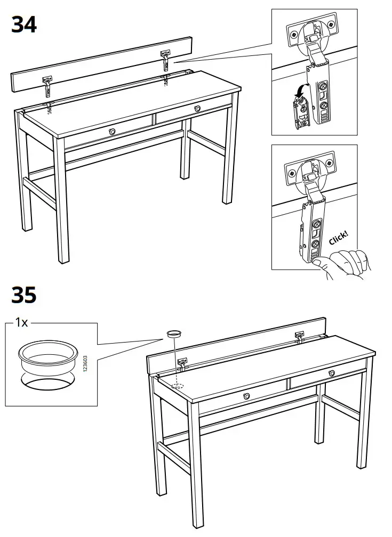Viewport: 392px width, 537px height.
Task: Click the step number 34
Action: point(24,25)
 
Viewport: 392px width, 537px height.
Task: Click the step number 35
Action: point(24,295)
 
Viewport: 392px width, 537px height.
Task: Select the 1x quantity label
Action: point(22,322)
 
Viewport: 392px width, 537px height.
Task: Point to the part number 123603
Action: point(85,364)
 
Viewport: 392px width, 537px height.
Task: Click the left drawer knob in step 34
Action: point(112,131)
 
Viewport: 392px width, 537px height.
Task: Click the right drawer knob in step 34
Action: point(198,108)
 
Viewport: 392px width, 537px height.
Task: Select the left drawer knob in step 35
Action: point(246,395)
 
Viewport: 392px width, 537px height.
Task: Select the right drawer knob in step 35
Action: point(332,372)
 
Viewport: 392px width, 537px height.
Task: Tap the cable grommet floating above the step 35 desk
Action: point(174,334)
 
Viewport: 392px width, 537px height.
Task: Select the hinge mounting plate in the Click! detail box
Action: point(312,170)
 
